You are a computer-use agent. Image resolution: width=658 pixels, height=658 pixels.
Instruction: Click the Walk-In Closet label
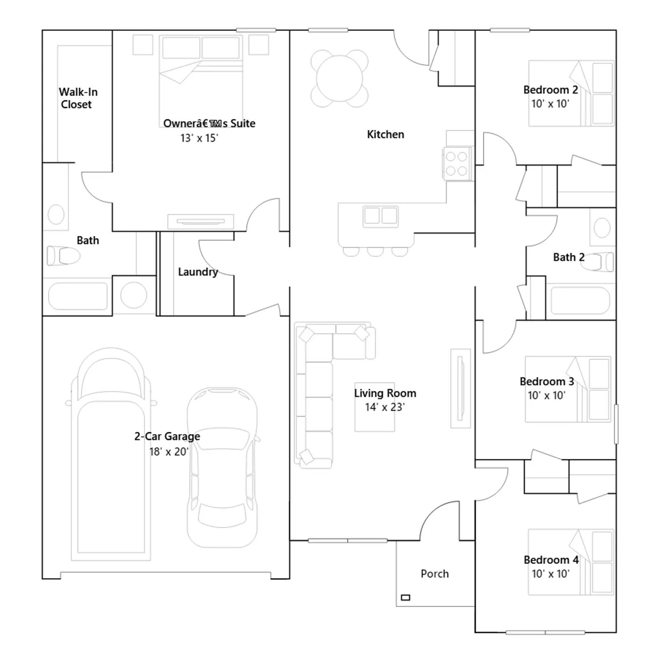78,98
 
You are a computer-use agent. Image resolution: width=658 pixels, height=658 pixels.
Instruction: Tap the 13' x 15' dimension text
199,138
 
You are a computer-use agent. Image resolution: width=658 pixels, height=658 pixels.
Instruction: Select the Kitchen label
385,134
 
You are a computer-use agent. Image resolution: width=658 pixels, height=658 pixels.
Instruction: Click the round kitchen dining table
340,79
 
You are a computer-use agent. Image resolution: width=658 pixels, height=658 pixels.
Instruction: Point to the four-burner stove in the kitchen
456,164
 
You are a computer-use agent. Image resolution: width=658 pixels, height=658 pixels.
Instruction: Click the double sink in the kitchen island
380,216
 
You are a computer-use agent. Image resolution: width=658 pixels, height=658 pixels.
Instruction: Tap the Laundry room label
198,272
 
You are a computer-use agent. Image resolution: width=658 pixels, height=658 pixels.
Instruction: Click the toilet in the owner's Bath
63,256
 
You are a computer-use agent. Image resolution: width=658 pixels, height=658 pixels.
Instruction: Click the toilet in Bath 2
597,262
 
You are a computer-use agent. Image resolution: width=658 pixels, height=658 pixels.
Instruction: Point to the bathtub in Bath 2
580,301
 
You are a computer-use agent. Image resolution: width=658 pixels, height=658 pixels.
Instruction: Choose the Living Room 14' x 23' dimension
385,407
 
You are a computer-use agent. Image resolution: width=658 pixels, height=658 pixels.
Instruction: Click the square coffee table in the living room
375,407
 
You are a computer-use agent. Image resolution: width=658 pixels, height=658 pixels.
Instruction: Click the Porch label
435,574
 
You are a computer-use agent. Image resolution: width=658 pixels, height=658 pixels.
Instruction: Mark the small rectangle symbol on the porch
405,598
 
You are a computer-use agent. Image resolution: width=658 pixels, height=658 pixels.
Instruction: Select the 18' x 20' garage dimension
169,452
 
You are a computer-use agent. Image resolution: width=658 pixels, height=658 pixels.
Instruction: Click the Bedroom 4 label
551,560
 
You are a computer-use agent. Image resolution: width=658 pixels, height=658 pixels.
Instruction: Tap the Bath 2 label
569,257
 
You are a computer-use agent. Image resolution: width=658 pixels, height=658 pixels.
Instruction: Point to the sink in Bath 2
602,227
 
